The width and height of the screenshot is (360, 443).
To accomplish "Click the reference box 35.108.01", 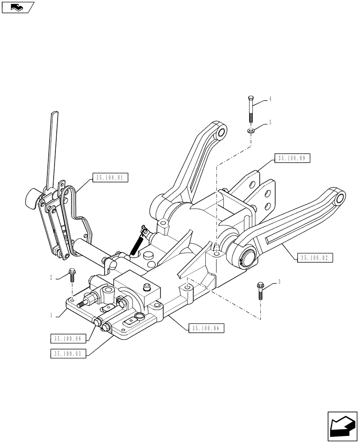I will (x=110, y=179).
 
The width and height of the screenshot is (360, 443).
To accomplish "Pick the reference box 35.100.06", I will (x=207, y=328).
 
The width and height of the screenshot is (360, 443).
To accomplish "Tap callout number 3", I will (x=279, y=281).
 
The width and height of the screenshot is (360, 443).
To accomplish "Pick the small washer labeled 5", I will (x=251, y=131).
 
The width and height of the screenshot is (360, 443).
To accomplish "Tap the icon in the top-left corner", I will (x=18, y=7).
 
